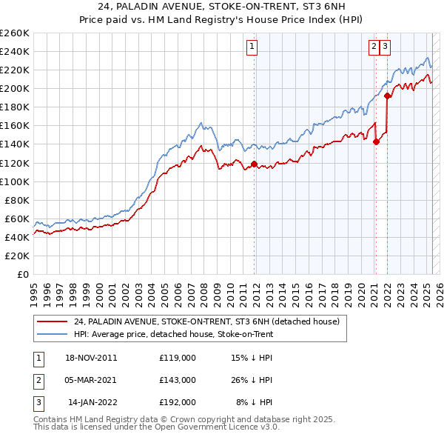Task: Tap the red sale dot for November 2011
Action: point(254,164)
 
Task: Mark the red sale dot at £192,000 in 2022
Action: point(387,96)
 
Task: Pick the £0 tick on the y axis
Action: point(23,274)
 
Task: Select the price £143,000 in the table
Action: point(178,380)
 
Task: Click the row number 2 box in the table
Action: point(38,380)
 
